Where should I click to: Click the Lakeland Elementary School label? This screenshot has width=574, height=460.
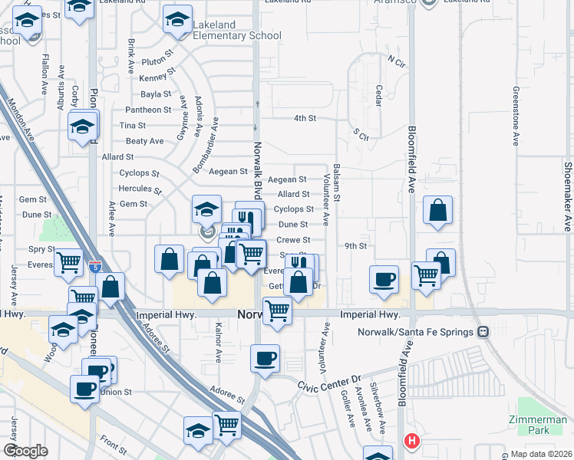(236, 30)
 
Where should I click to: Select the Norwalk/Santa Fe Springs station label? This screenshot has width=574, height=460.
(417, 332)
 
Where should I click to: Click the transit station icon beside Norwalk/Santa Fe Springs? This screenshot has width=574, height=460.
(483, 332)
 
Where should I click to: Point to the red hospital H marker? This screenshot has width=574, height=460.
(412, 441)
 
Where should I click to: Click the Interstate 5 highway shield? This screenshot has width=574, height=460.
(94, 267)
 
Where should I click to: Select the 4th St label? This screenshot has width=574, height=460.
(305, 118)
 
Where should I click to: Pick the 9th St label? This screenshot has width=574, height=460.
(356, 246)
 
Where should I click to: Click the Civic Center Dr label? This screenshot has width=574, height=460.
(335, 379)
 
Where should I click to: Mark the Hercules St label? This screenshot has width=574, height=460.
(140, 189)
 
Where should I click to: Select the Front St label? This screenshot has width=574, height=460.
(113, 444)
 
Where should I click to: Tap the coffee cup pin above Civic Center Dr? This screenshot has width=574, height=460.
(266, 359)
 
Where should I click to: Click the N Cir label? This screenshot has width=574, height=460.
(396, 59)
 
